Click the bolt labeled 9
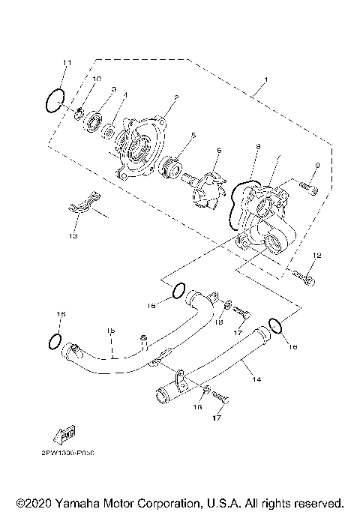point(307,187)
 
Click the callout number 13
point(73,235)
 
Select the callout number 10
point(97,79)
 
